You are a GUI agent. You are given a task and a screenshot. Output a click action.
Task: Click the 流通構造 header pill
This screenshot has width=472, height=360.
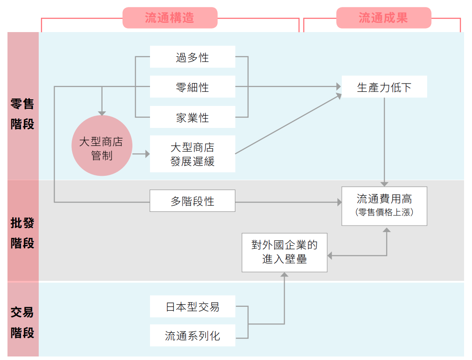tap(170, 18)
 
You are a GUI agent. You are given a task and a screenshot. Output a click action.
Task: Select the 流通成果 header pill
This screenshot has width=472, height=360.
tap(384, 18)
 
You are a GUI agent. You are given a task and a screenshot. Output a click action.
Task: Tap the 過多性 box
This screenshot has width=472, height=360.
tap(192, 57)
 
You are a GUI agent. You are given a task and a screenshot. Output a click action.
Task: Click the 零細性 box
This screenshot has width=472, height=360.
tap(192, 87)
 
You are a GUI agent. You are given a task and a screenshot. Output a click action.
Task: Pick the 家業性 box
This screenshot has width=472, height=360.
tap(192, 117)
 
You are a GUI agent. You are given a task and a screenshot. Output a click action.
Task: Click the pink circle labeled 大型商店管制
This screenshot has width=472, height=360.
tap(102, 145)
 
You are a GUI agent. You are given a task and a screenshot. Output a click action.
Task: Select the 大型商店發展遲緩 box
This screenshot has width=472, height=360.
tap(192, 154)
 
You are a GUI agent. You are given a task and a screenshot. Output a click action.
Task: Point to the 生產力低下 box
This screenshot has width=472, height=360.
tap(384, 87)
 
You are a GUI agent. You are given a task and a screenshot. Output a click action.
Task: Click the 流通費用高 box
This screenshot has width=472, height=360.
tap(384, 199)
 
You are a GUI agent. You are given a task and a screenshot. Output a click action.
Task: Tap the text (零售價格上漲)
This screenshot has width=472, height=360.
tap(384, 212)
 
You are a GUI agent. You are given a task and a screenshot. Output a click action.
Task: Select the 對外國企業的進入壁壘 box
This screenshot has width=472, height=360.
tap(284, 252)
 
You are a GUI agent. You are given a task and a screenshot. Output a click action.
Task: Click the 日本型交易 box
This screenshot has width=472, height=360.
tap(192, 306)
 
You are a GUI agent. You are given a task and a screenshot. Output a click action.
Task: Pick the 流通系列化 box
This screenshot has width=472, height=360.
tap(192, 336)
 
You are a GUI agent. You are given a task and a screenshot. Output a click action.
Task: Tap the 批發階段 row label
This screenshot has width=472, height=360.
tap(22, 233)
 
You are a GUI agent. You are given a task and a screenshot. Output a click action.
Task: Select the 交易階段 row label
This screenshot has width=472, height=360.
tap(22, 322)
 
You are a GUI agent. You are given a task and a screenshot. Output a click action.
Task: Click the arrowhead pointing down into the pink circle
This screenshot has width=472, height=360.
tap(102, 113)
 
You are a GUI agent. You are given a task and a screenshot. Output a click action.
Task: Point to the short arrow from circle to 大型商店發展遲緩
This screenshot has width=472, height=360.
tap(141, 154)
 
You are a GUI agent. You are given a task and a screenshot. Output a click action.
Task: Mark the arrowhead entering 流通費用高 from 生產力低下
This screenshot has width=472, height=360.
tap(384, 183)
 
